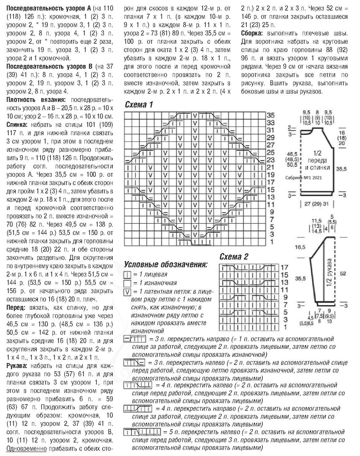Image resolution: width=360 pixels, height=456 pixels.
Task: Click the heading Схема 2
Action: tap(234, 257)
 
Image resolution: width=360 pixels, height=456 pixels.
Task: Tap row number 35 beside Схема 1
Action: tap(270, 115)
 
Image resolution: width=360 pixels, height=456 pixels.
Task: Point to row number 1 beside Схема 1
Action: tap(270, 242)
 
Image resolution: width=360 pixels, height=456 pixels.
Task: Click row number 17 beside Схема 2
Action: tap(285, 268)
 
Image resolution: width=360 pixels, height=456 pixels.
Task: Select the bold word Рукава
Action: tap(18, 366)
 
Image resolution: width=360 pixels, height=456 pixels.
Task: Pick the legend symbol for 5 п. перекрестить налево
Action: tap(142, 432)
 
